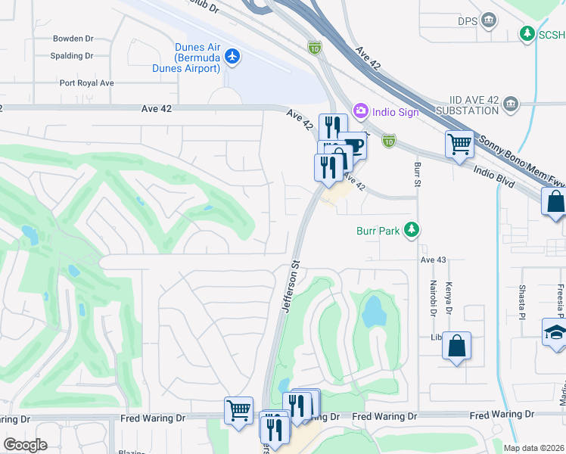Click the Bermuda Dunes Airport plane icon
click(232, 56)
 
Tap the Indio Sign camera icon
click(359, 111)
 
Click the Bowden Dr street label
click(73, 39)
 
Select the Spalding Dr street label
click(71, 56)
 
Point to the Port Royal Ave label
click(86, 83)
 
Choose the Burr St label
click(416, 175)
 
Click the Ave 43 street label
click(434, 260)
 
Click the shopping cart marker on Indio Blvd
click(459, 143)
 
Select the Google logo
click(25, 444)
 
